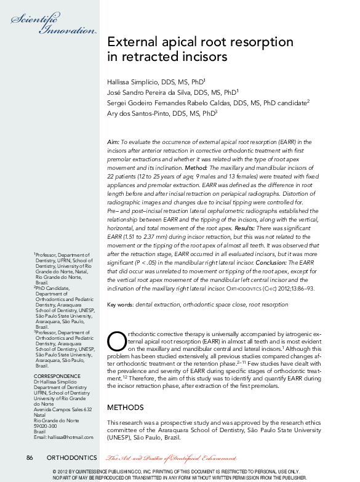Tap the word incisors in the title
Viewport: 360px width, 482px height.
[202, 58]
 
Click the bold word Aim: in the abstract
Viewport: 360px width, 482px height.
[113, 142]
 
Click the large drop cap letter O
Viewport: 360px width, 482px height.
[116, 340]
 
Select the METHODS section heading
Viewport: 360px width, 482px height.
[125, 408]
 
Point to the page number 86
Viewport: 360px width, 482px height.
[30, 458]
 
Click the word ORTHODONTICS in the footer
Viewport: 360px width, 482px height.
[71, 458]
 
